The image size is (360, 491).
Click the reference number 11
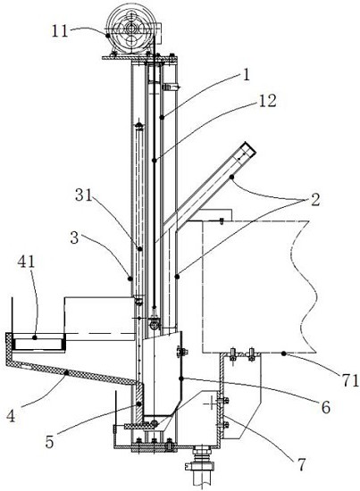(60, 31)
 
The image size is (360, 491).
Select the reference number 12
(267, 101)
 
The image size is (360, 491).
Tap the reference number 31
(83, 196)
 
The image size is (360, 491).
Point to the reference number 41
(26, 262)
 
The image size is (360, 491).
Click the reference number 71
(350, 380)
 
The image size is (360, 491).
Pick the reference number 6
(326, 407)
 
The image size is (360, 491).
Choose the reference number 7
(301, 464)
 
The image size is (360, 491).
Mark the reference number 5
(49, 442)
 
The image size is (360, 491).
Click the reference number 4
(11, 416)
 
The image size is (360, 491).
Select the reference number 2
(314, 199)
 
